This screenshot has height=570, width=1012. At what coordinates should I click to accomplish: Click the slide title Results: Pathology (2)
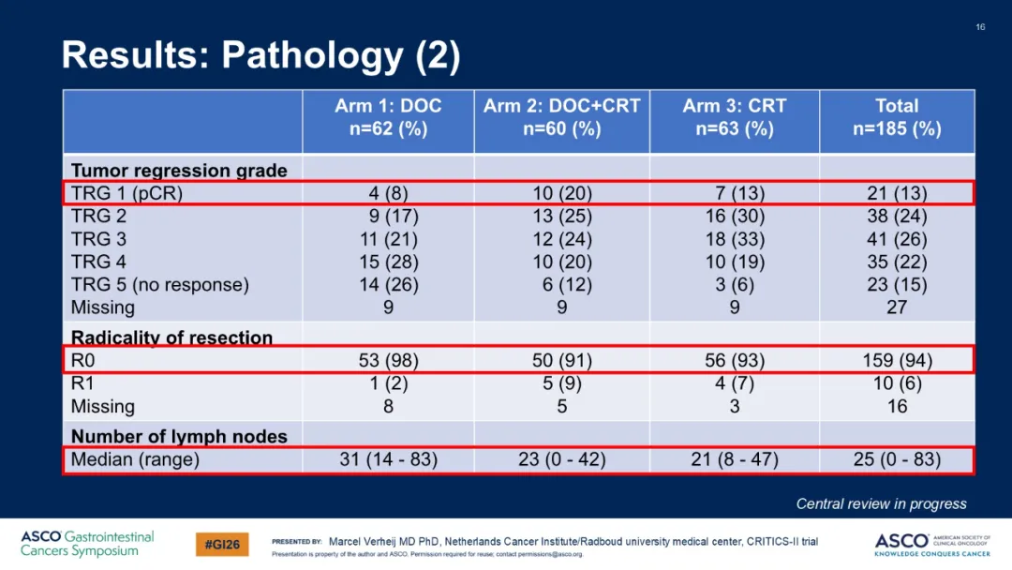click(260, 55)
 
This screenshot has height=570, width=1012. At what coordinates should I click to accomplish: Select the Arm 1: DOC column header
click(388, 117)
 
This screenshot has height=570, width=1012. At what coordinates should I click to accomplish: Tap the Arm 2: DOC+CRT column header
click(561, 117)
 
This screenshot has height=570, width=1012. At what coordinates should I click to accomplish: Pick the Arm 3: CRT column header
click(735, 117)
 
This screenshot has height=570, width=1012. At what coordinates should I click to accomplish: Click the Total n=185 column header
click(897, 117)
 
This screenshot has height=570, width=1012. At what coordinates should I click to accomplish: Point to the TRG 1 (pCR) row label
click(126, 193)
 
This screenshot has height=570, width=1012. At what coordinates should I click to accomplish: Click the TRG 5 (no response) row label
click(159, 285)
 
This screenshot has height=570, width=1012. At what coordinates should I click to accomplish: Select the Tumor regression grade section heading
click(179, 171)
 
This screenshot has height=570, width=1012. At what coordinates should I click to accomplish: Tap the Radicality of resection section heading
click(171, 337)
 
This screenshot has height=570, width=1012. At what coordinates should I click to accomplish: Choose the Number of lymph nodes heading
click(179, 436)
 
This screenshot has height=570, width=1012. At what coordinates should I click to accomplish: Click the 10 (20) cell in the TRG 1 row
click(561, 193)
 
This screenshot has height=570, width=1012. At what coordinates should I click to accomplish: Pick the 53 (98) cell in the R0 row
click(388, 360)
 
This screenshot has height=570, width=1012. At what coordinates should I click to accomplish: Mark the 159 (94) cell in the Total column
click(897, 360)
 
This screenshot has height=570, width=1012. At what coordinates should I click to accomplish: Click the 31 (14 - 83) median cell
click(388, 459)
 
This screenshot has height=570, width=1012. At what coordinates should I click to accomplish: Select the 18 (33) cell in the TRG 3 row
click(735, 239)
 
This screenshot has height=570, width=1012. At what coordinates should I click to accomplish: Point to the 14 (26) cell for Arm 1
click(388, 285)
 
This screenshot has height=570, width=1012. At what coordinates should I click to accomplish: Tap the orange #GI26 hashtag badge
click(222, 544)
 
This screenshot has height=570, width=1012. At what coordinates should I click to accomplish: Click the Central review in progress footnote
click(881, 503)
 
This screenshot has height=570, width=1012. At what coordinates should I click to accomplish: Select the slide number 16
click(980, 27)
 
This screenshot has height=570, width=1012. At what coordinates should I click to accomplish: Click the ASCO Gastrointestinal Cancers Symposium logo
click(87, 544)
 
